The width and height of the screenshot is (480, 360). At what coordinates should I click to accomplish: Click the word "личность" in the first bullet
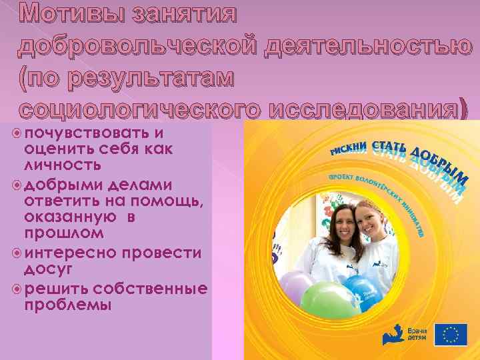point(63,164)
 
